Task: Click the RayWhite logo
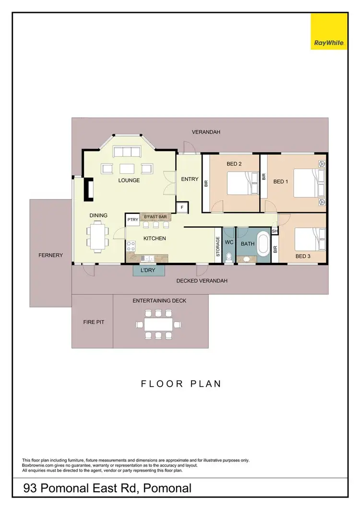tap(329, 32)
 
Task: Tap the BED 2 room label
tap(234, 164)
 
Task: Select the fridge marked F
tap(182, 207)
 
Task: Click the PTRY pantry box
tap(133, 220)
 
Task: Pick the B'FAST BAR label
tap(156, 217)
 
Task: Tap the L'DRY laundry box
tap(148, 271)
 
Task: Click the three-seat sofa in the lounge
tap(127, 152)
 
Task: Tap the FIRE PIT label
tap(94, 322)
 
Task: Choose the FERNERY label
tap(51, 255)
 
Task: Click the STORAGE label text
tap(218, 246)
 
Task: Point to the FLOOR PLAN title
tap(180, 383)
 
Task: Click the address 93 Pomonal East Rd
tap(108, 488)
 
